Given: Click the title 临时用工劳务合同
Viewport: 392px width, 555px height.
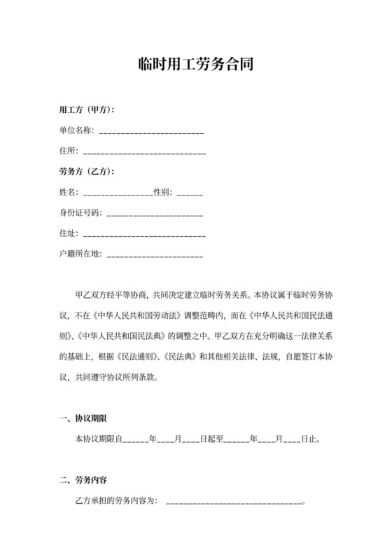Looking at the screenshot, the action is pyautogui.click(x=195, y=65).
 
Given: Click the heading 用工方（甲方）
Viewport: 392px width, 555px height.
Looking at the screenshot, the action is pyautogui.click(x=87, y=110).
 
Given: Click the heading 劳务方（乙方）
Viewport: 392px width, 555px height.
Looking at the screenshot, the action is pyautogui.click(x=87, y=172).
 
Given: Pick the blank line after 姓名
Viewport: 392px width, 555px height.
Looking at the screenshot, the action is pyautogui.click(x=118, y=193).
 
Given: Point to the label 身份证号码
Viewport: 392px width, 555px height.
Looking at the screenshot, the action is pyautogui.click(x=80, y=212).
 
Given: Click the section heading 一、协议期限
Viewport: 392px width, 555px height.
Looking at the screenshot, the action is pyautogui.click(x=83, y=419).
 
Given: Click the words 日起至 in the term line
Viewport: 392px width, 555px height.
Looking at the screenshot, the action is pyautogui.click(x=211, y=440).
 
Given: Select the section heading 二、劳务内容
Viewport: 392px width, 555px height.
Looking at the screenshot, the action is pyautogui.click(x=83, y=481).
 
